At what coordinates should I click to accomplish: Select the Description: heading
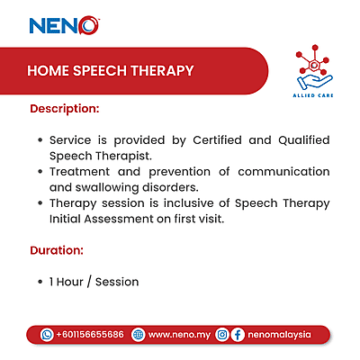tap(64, 109)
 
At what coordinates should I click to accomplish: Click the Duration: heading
tap(57, 249)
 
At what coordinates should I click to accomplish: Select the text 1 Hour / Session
tap(94, 282)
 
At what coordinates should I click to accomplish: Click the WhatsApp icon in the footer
tap(47, 334)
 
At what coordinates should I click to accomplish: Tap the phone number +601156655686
tap(90, 334)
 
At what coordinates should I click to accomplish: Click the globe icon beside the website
tap(138, 334)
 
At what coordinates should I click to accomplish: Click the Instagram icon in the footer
tap(221, 334)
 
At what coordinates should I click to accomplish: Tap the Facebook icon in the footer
tap(238, 334)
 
